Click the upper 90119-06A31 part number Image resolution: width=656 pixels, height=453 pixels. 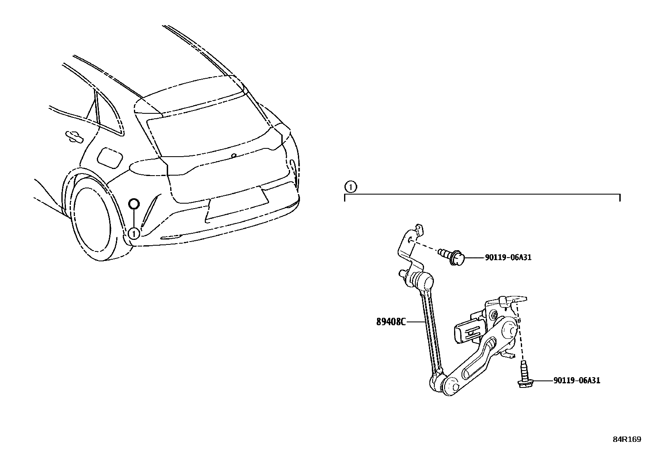pos(508,258)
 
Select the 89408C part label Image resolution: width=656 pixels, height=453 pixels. pos(390,322)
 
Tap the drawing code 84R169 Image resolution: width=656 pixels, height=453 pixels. pos(626,439)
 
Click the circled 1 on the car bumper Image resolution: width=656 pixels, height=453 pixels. pos(134,233)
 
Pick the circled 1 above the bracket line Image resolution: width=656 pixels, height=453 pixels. pos(350,188)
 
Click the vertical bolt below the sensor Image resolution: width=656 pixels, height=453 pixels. pos(523,375)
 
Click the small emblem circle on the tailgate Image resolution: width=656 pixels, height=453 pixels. pos(234,156)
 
